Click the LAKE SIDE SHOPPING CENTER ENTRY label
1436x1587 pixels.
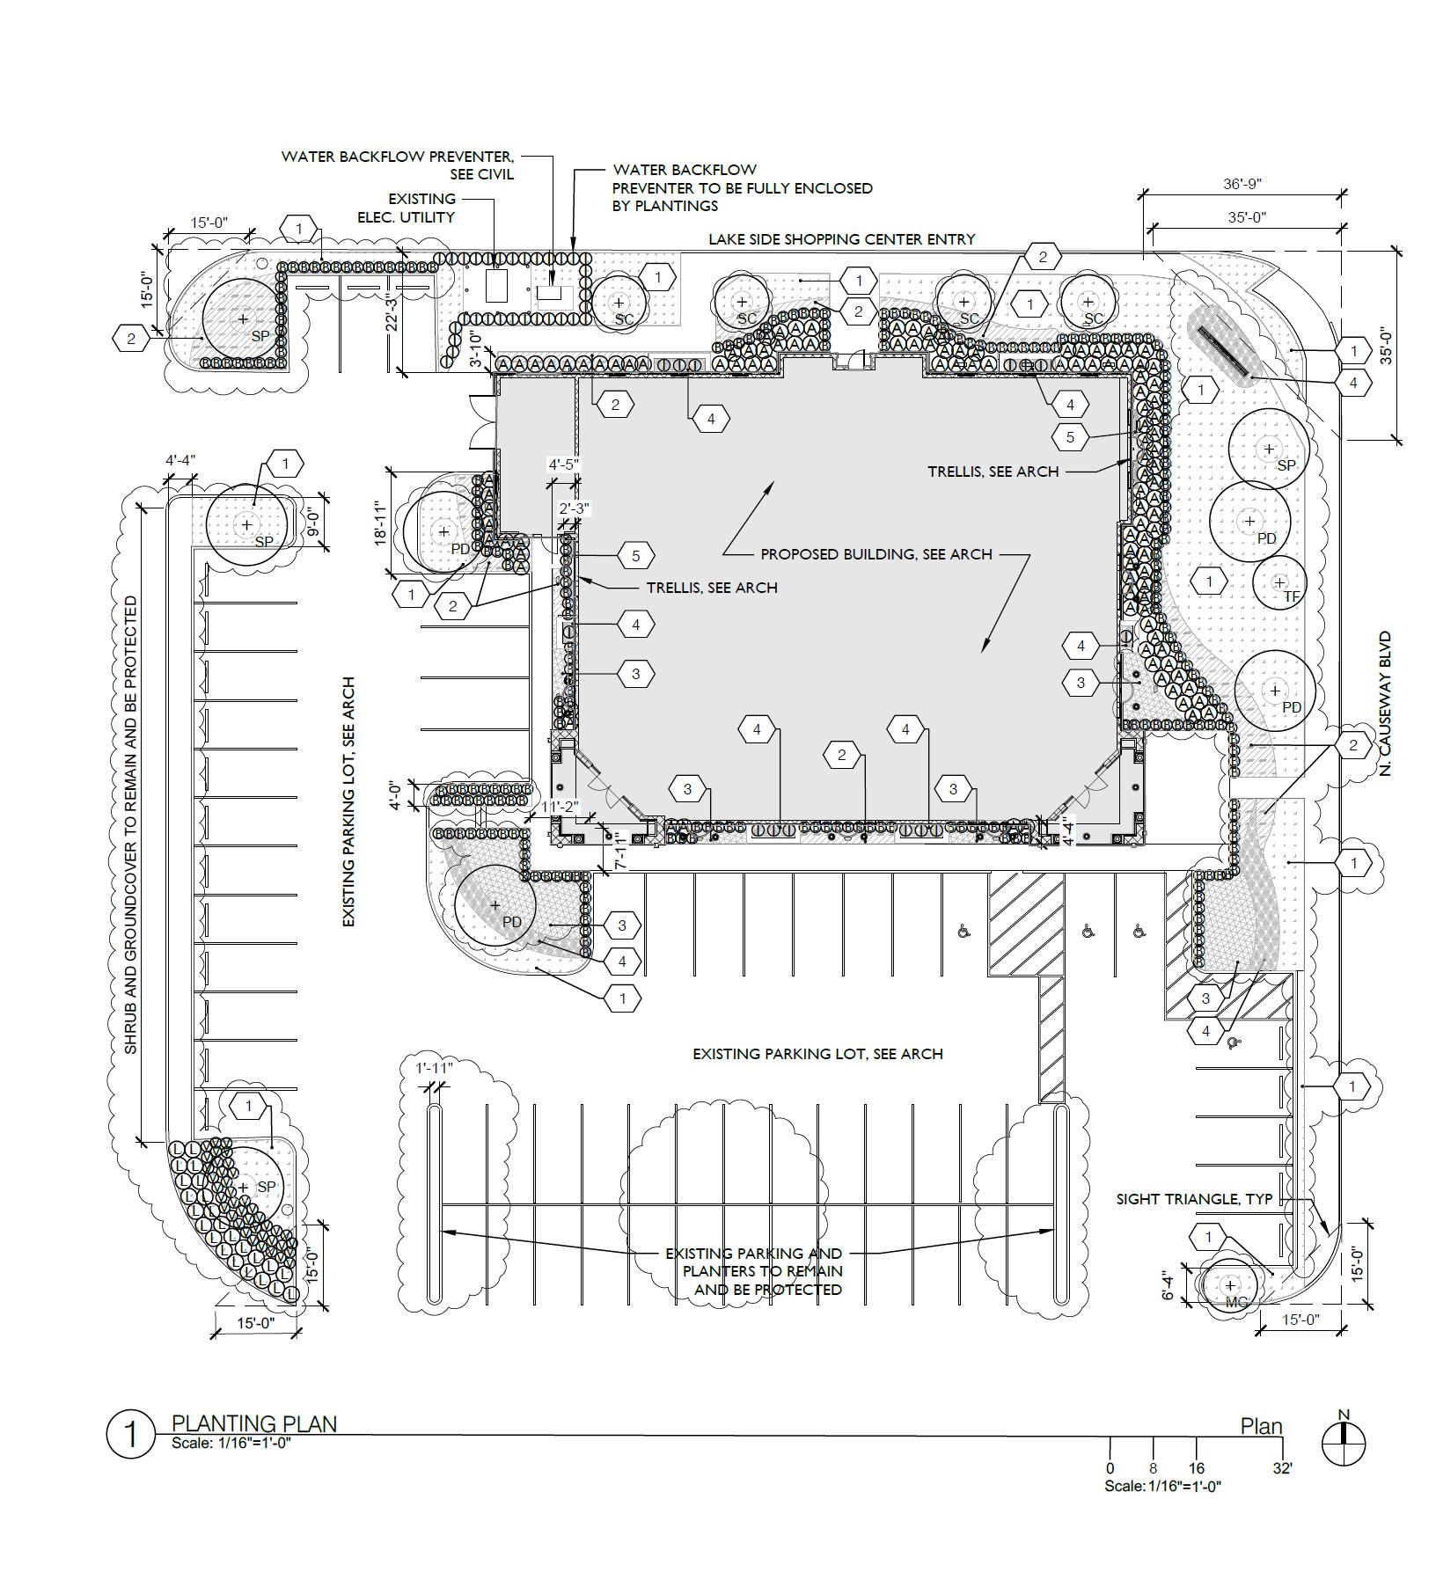(842, 238)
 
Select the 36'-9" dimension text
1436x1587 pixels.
(1242, 184)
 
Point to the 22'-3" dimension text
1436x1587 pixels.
(392, 312)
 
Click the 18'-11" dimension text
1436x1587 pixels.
(380, 524)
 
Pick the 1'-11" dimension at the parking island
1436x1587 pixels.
(434, 1068)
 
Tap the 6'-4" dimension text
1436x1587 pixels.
(1168, 1284)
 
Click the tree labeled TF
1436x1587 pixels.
(1279, 582)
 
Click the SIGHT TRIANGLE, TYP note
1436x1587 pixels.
(1194, 1198)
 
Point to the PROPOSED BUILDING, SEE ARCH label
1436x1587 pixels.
(876, 554)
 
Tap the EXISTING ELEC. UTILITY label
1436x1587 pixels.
(421, 208)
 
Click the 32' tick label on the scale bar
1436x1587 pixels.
(1283, 1468)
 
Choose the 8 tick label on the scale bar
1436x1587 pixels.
(1153, 1468)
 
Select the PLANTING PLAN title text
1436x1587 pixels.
(253, 1423)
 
